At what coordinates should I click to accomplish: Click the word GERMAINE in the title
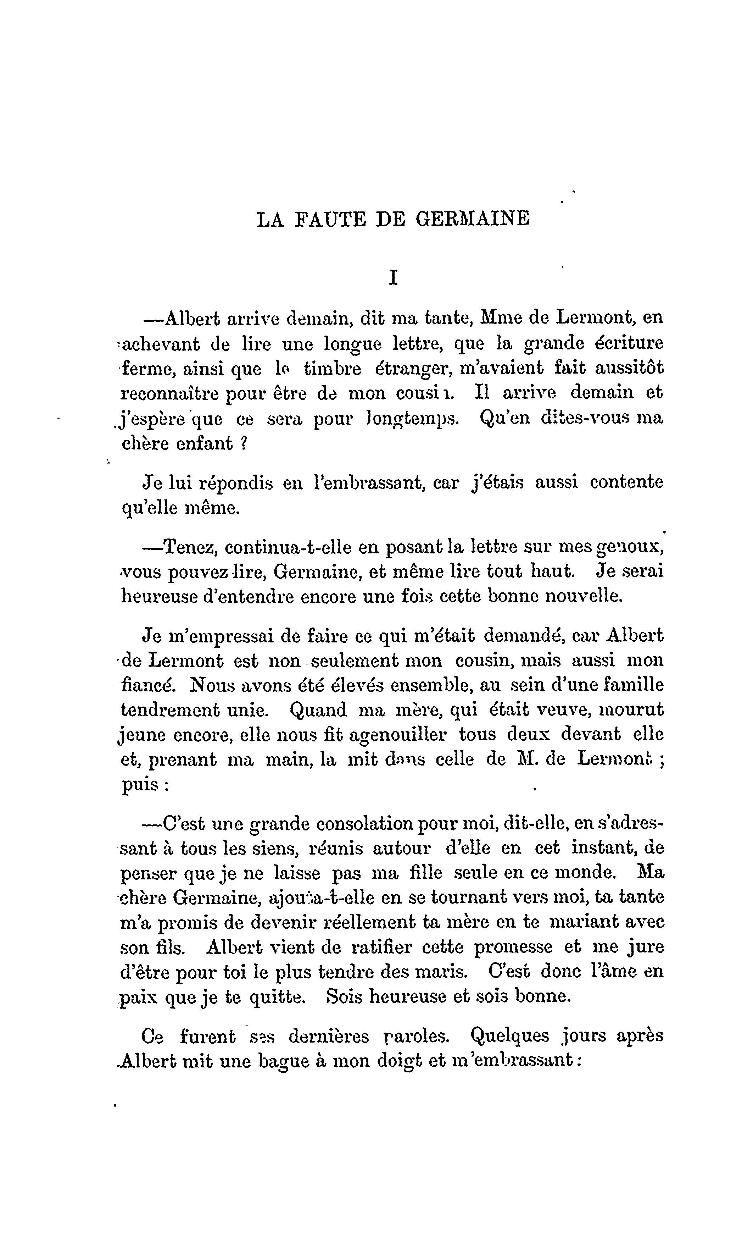tap(473, 220)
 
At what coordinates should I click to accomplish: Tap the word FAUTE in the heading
tap(330, 220)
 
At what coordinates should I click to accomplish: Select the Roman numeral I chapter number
tap(393, 278)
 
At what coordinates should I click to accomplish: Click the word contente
tap(627, 482)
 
